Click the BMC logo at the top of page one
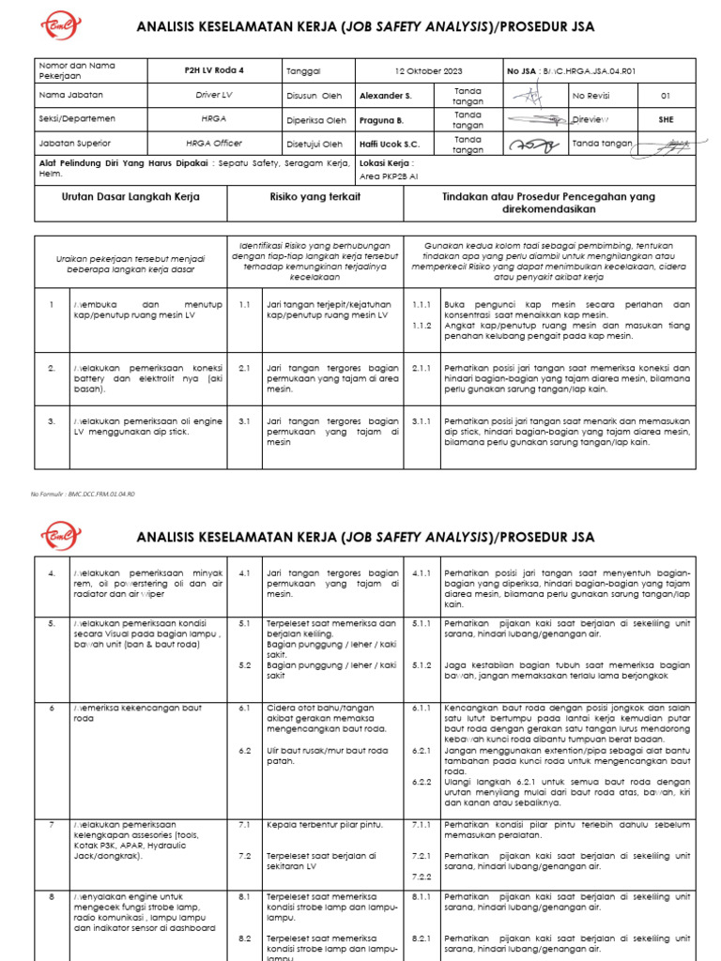point(62,25)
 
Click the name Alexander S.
point(386,96)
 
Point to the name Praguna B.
point(382,120)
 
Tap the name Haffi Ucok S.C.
point(390,145)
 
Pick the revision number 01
point(666,96)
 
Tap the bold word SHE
point(666,120)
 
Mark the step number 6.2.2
point(422,781)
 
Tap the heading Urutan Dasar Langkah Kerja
point(130,197)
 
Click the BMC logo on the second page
point(62,537)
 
